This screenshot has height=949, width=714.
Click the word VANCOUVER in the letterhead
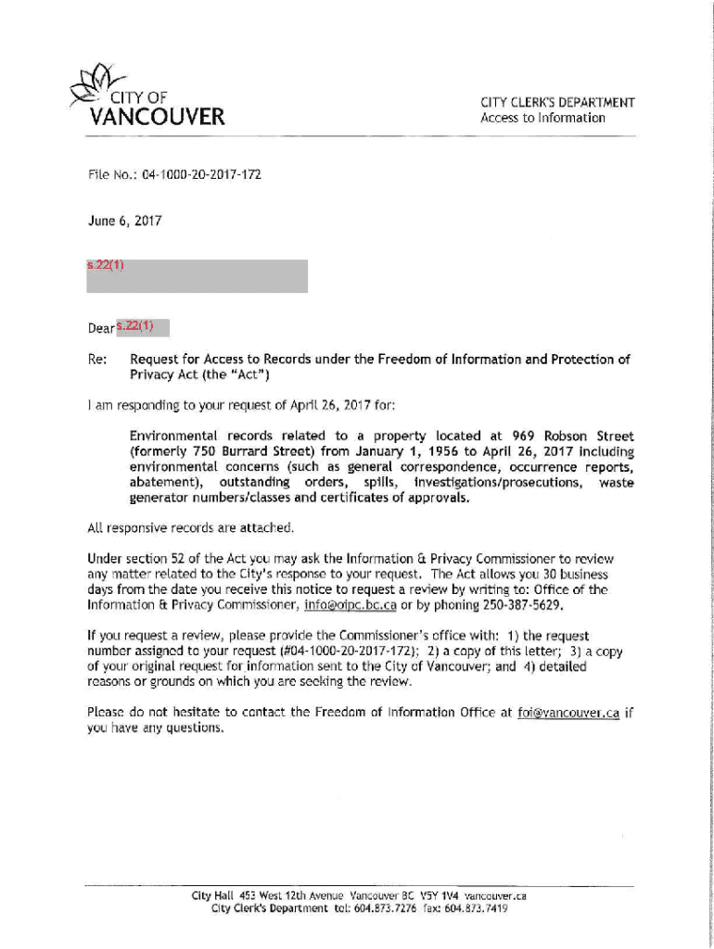pos(157,118)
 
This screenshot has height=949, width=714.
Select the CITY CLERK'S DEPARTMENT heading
pos(557,103)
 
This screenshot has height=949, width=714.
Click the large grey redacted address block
pos(197,277)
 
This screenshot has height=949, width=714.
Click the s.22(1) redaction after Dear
pos(143,327)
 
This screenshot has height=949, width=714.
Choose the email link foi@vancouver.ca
pos(568,713)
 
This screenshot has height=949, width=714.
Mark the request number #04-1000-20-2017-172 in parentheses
pos(318,651)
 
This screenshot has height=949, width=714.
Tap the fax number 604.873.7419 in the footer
pos(477,909)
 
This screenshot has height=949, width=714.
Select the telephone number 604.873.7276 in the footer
pos(381,909)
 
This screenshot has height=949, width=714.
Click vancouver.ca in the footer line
pos(496,896)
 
